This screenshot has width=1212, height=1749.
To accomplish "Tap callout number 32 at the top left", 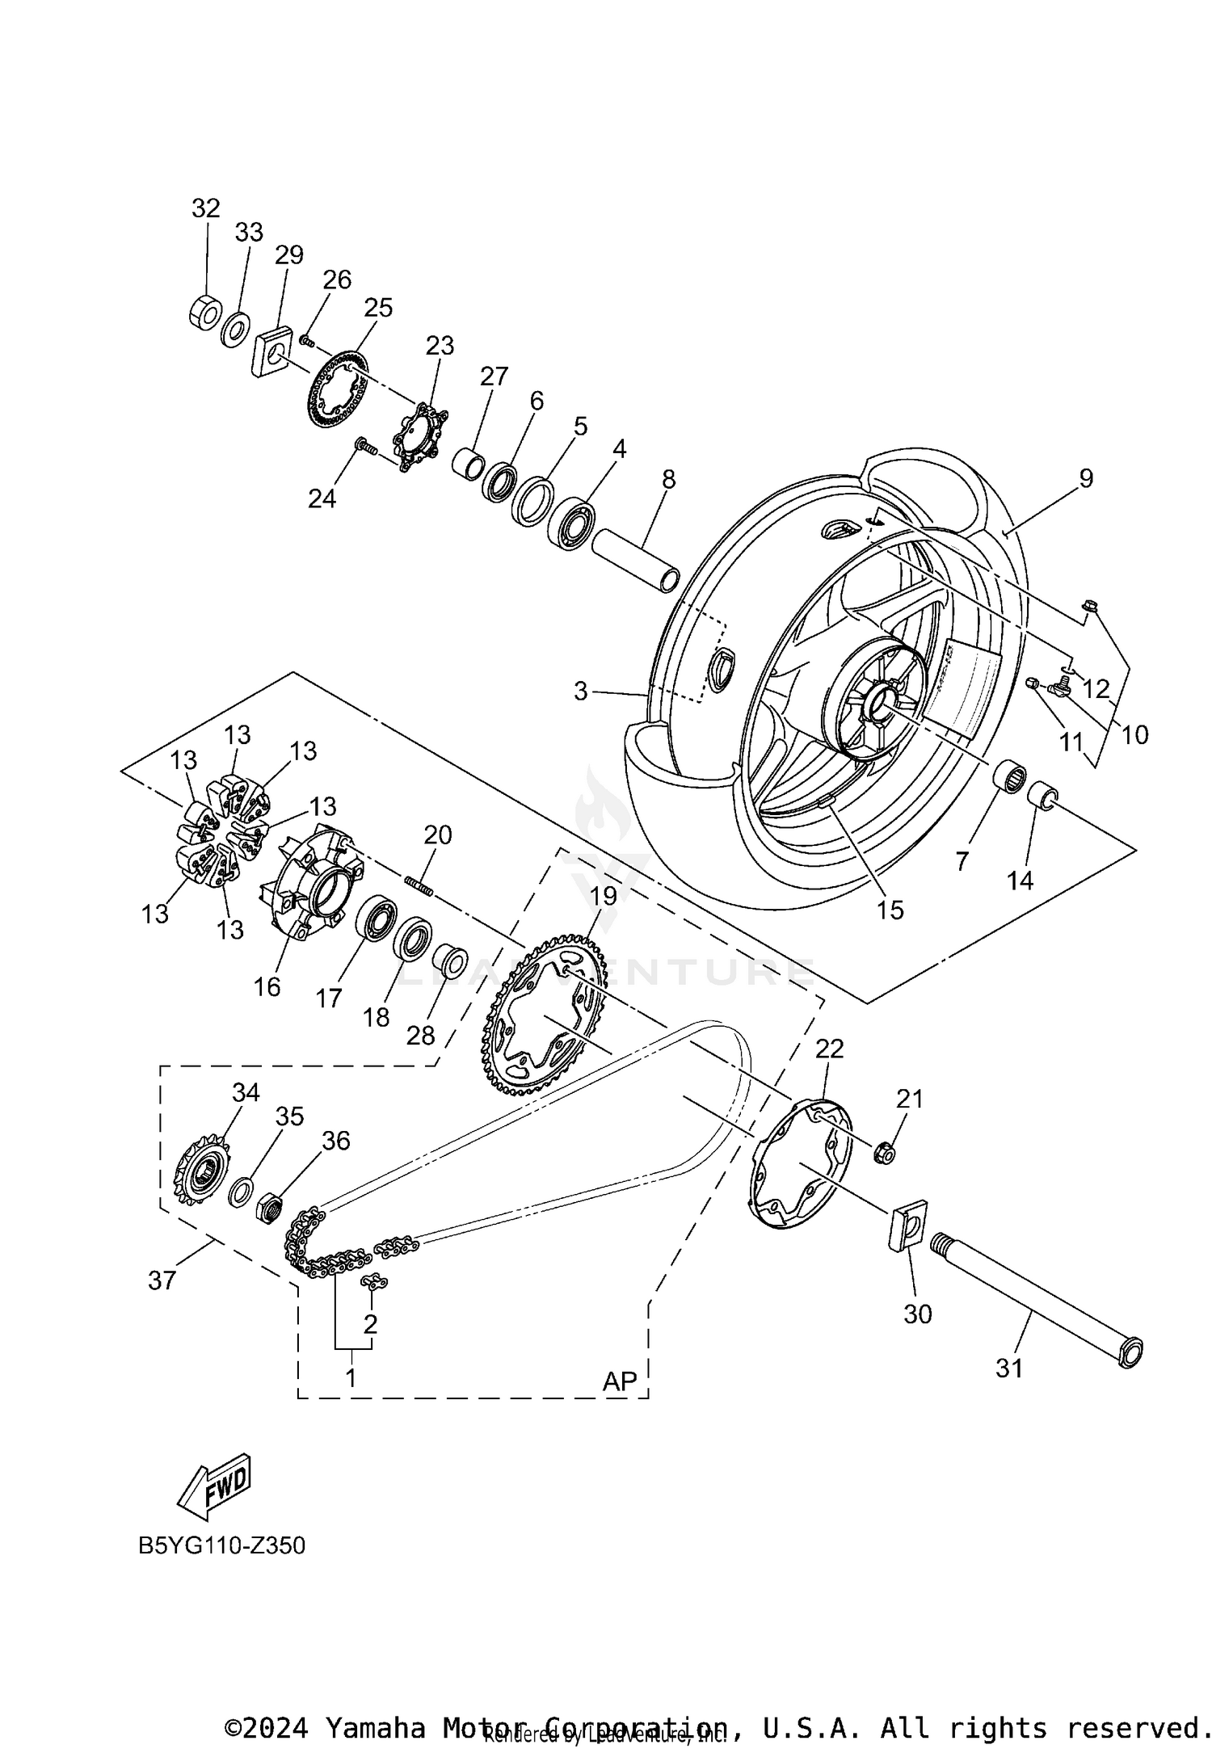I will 205,208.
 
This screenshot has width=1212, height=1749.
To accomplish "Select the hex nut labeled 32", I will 205,312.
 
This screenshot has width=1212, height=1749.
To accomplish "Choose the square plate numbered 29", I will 273,352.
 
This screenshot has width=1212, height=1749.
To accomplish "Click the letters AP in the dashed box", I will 620,1381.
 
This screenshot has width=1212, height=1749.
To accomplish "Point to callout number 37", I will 162,1280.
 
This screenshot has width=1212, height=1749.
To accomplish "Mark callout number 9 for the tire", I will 1085,478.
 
